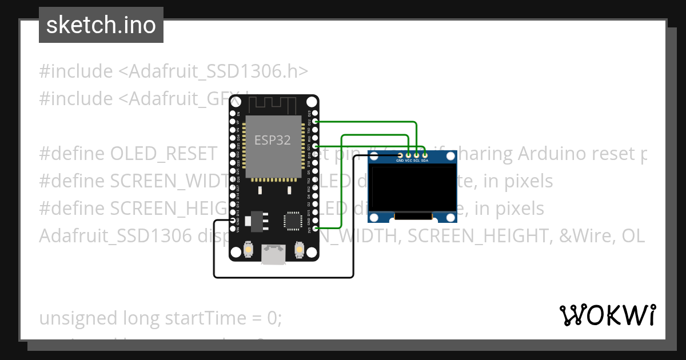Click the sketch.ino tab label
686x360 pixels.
click(x=101, y=25)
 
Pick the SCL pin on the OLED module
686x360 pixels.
click(x=417, y=155)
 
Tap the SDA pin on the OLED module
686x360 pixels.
click(x=425, y=155)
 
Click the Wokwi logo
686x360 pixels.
click(x=608, y=315)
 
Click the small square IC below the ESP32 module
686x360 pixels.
click(x=292, y=220)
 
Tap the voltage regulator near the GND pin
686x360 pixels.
click(x=255, y=221)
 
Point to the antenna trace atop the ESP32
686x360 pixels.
click(x=273, y=105)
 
